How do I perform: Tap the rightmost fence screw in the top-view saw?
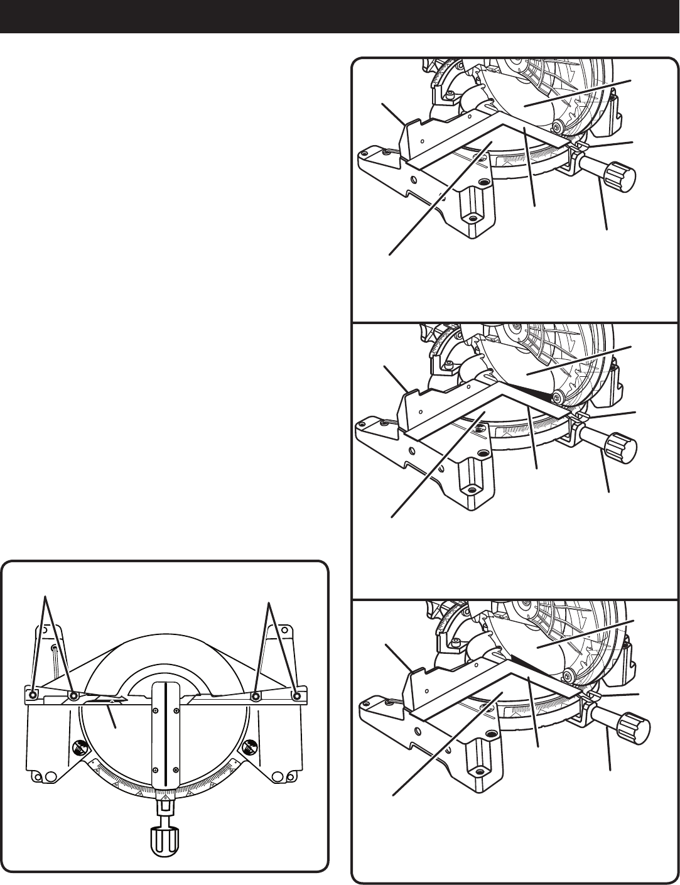click(297, 695)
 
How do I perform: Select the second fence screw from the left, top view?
click(74, 695)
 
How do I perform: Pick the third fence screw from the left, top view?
click(256, 695)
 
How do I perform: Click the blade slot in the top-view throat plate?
click(165, 741)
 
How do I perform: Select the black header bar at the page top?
click(340, 16)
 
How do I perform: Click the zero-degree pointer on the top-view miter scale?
click(165, 793)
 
